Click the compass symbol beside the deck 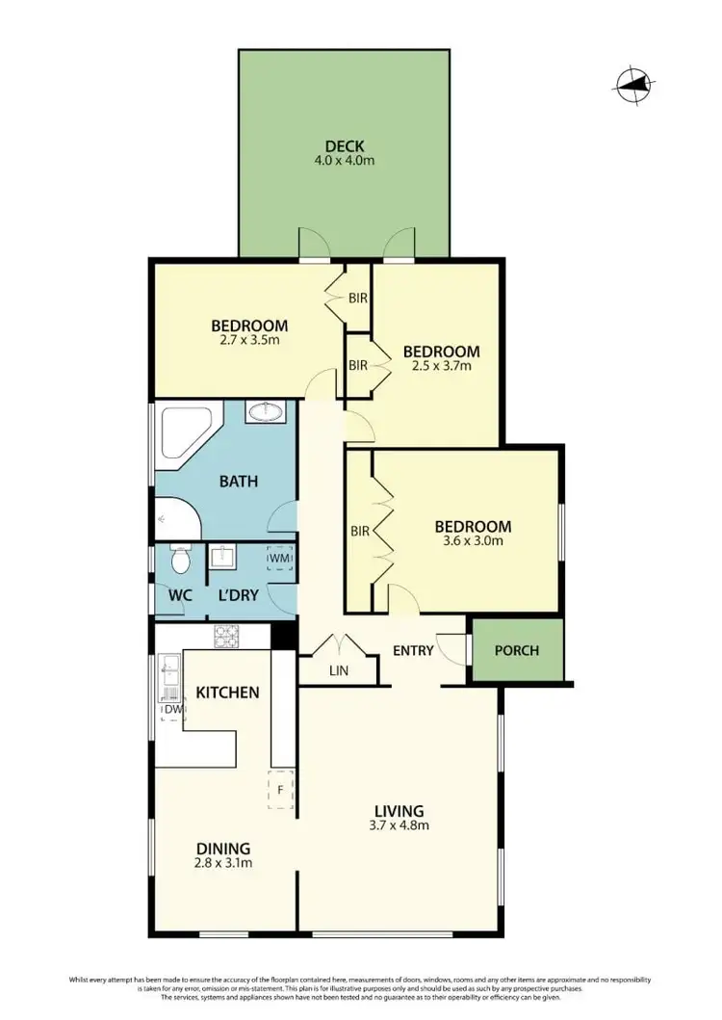tap(632, 85)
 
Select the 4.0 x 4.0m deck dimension tap(343, 161)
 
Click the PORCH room tap(516, 650)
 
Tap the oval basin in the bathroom tap(265, 413)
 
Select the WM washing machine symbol tap(280, 559)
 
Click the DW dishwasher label tap(172, 710)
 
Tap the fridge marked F tap(280, 789)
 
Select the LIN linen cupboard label tap(337, 670)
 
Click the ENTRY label tap(413, 650)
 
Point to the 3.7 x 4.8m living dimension tap(400, 825)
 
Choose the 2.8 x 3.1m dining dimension tap(223, 863)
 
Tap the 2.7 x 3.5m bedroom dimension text tap(249, 341)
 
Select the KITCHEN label tap(227, 692)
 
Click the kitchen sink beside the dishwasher tap(170, 670)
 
